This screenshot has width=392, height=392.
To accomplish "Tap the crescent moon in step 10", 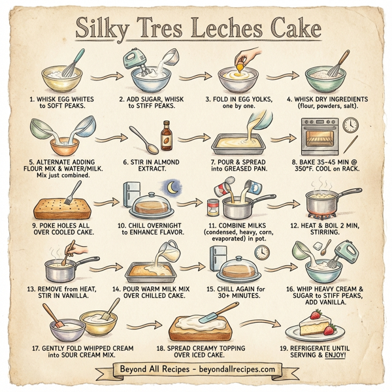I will tap(172, 188).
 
